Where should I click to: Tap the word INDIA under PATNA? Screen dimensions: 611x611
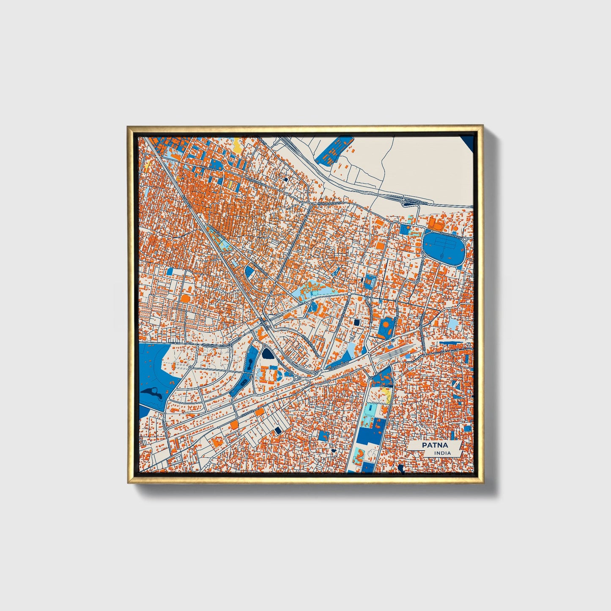pyautogui.click(x=442, y=453)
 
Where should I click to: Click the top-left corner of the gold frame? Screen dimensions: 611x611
pyautogui.click(x=129, y=126)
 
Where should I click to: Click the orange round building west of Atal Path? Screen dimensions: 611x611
pyautogui.click(x=185, y=299)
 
